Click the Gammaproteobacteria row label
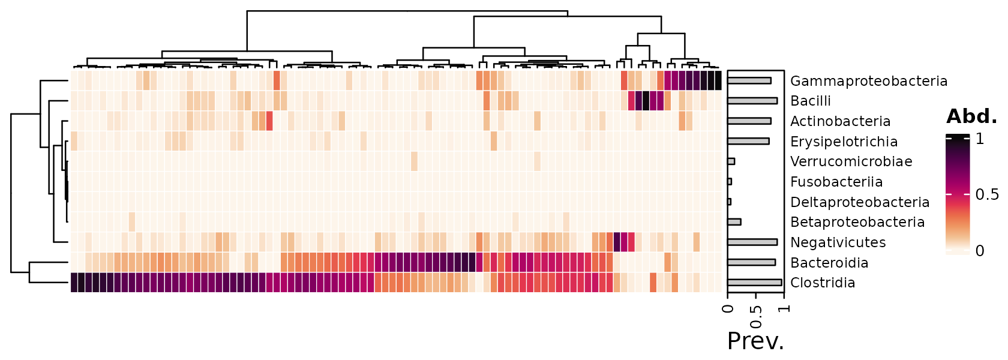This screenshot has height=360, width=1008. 869,81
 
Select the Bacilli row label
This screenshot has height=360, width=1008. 811,101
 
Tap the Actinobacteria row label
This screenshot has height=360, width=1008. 840,121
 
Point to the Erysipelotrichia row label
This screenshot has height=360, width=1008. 844,142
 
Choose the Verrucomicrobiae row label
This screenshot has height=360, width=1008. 851,161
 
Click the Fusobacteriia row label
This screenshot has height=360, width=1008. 836,182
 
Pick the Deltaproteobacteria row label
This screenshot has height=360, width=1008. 859,202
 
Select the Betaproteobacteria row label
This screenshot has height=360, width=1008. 857,222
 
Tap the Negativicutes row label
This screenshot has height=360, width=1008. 838,242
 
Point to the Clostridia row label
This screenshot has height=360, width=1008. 823,283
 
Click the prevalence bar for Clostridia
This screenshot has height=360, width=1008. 755,283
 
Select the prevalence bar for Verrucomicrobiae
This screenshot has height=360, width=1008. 731,161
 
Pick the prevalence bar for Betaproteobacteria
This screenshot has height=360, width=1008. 734,222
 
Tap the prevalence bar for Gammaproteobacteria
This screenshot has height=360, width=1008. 749,81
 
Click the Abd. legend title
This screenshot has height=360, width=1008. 972,116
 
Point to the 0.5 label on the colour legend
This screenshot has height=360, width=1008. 987,194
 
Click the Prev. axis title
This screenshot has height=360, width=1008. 756,341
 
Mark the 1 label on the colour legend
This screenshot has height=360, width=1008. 980,139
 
